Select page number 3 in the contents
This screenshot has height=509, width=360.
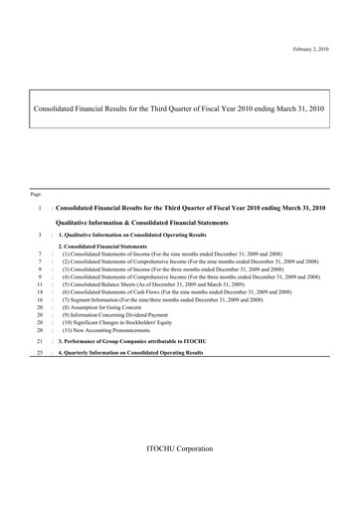coord(38,235)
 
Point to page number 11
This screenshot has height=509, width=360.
coord(38,283)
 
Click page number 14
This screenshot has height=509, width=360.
coord(38,291)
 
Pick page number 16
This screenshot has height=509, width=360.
coord(38,299)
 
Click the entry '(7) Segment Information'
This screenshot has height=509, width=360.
coord(160,299)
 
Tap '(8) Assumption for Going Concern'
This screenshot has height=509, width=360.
coord(104,307)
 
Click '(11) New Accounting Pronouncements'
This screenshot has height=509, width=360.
coord(107,331)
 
